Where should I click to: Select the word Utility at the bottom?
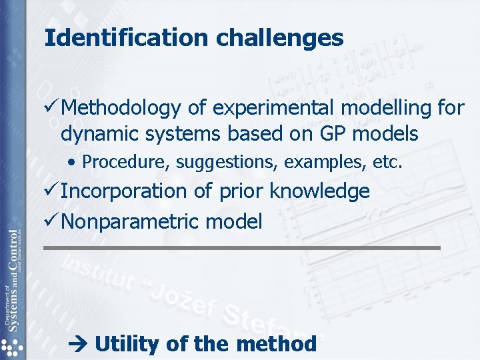coord(127,345)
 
